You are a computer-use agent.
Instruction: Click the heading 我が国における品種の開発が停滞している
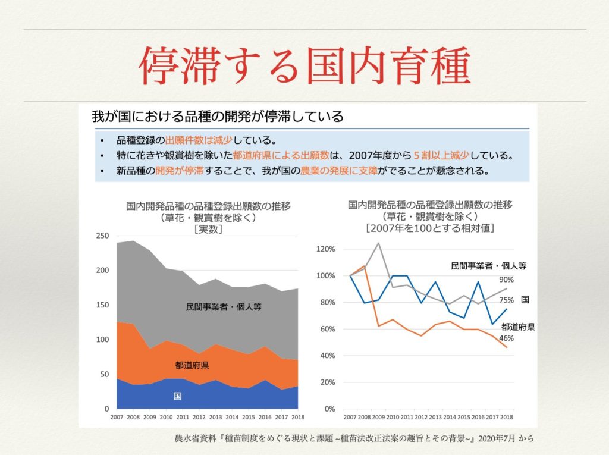coord(218,116)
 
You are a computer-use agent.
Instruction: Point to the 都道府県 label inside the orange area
coord(192,365)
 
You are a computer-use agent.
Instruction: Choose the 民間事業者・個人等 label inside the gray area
coord(224,307)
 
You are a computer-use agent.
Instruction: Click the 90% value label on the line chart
coord(506,280)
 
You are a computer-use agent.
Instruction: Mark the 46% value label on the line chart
coord(507,338)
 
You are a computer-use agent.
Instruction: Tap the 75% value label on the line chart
coord(506,300)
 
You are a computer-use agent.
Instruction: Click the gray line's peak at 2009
coord(378,243)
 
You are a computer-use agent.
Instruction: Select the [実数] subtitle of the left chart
coord(208,230)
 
